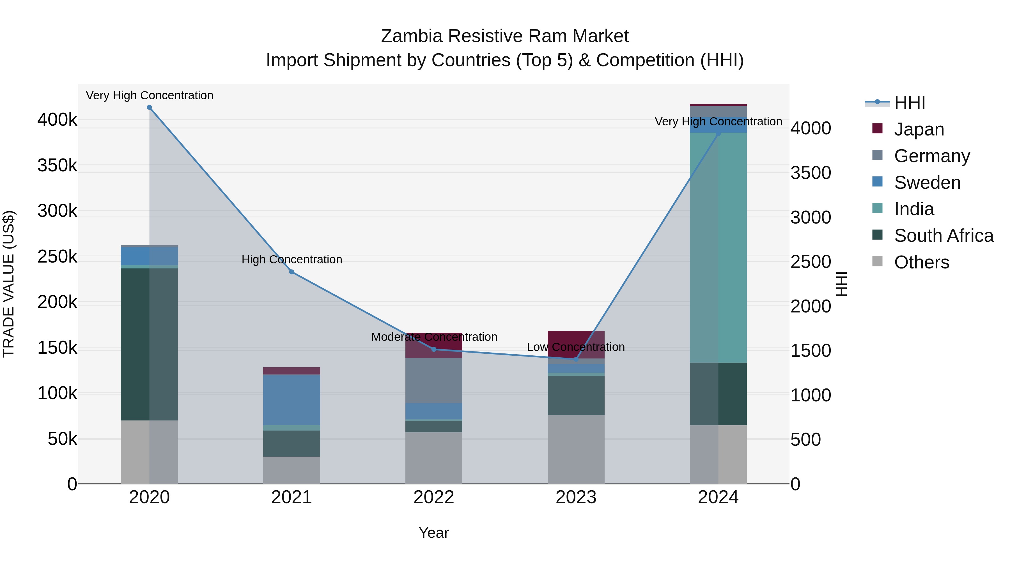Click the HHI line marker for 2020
pyautogui.click(x=149, y=107)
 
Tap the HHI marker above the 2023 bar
pyautogui.click(x=576, y=359)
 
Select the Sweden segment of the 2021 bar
pyautogui.click(x=292, y=400)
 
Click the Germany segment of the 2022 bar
pyautogui.click(x=434, y=380)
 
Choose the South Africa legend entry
pyautogui.click(x=943, y=236)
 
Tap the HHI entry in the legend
pyautogui.click(x=910, y=103)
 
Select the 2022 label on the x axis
pyautogui.click(x=434, y=497)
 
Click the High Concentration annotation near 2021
pyautogui.click(x=292, y=259)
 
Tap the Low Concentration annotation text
pyautogui.click(x=576, y=347)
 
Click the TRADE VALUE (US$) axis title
pyautogui.click(x=9, y=284)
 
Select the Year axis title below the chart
pyautogui.click(x=434, y=533)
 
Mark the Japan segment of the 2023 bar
pyautogui.click(x=576, y=344)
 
